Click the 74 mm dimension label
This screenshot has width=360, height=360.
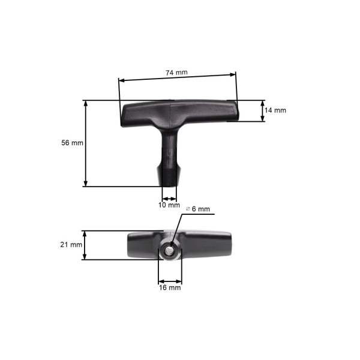[176, 72]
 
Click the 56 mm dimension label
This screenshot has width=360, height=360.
[72, 143]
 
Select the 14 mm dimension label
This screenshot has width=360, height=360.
[276, 110]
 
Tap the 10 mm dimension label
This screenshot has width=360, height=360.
[169, 205]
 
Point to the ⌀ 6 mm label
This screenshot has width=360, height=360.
[198, 209]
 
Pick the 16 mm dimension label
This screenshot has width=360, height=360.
[170, 288]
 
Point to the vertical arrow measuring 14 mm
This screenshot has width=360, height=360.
[262, 111]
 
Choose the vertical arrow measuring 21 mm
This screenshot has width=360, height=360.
[85, 245]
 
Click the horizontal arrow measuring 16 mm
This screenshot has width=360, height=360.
[170, 280]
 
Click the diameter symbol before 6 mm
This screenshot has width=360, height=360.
[188, 209]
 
